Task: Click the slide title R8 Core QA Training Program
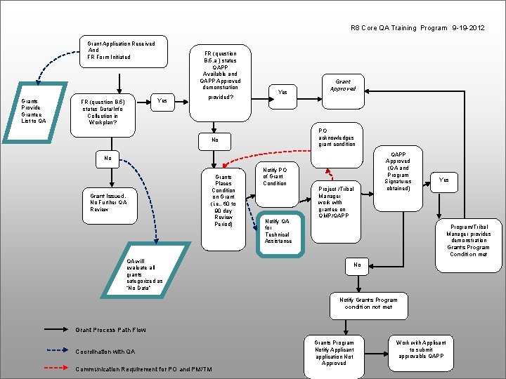coord(417,28)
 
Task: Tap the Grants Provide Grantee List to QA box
coord(34,110)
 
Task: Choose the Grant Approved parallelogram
coord(342,85)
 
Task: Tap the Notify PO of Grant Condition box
coord(274,176)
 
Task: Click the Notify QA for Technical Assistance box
coord(278,231)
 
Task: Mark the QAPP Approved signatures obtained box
coord(398,170)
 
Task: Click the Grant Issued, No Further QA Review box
coord(108,202)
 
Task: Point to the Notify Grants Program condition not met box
coord(368,303)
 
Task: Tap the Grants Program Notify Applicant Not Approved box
coord(334,353)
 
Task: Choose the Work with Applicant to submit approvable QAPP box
coord(420,350)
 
